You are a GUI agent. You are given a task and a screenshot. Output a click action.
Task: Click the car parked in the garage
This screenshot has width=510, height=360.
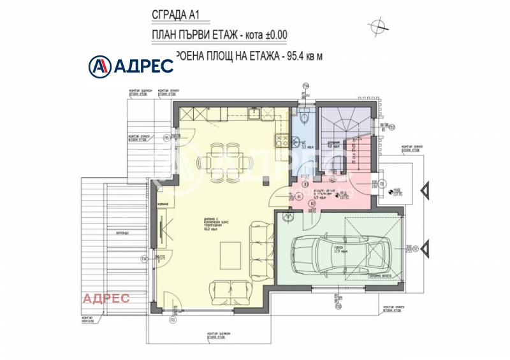tap(337, 252)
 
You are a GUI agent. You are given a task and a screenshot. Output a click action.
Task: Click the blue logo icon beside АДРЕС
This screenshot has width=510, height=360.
tap(99, 65)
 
